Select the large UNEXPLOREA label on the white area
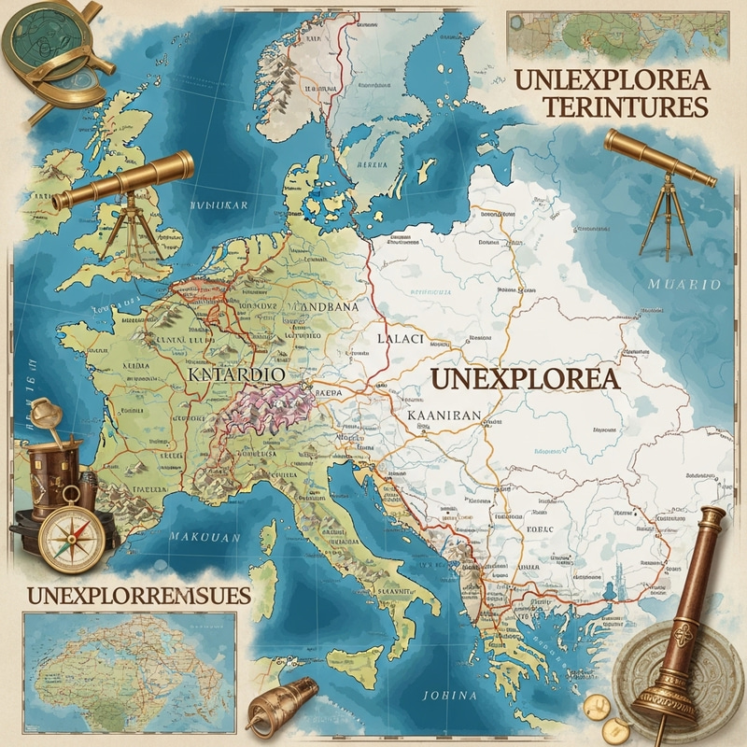(x=524, y=379)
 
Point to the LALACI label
(x=401, y=339)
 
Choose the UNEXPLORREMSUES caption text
(x=140, y=595)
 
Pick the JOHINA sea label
(x=449, y=696)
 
